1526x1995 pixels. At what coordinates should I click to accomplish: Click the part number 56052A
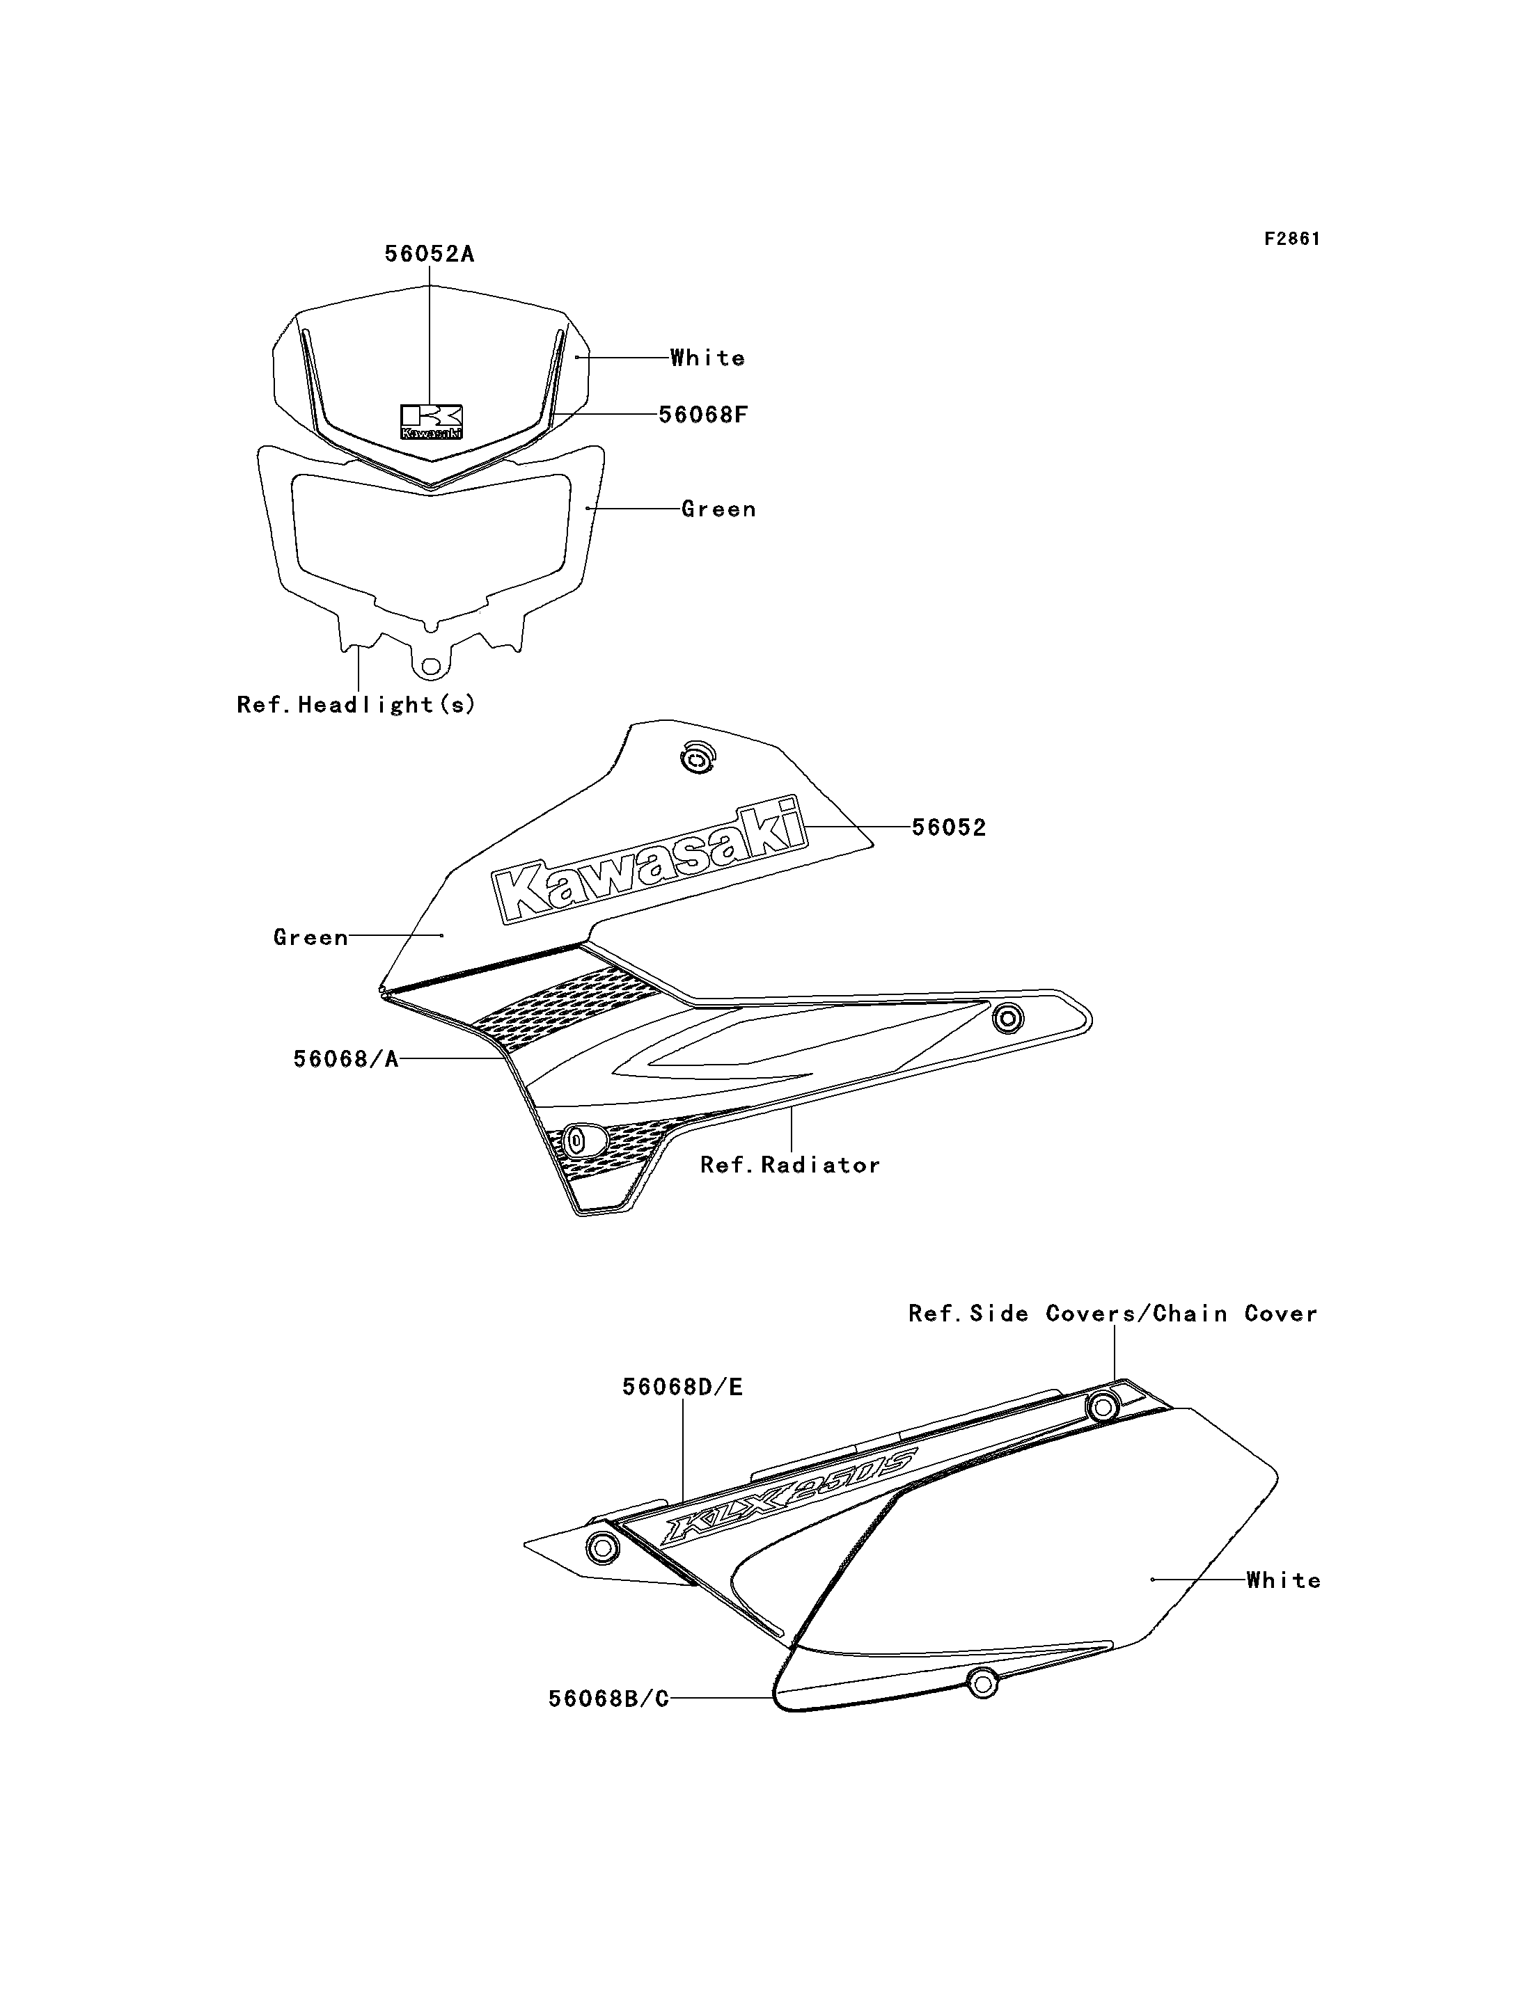tap(430, 254)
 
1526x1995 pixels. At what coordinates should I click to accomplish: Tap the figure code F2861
tap(1291, 239)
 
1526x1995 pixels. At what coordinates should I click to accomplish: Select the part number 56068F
tap(703, 415)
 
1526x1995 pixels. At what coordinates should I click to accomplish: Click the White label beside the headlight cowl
tap(707, 358)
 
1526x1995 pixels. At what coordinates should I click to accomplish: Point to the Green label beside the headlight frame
tap(718, 509)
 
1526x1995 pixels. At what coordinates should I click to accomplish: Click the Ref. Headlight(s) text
tap(356, 705)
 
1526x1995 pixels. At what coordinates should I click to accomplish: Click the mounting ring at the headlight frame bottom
tap(430, 667)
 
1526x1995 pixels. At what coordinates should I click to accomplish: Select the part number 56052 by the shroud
tap(948, 827)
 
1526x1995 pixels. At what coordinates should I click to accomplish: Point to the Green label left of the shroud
tap(310, 937)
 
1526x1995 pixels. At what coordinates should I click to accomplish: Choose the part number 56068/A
tap(346, 1059)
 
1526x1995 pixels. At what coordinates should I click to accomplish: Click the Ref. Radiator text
tap(790, 1165)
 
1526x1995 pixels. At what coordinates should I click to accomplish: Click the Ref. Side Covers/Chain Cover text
tap(1112, 1314)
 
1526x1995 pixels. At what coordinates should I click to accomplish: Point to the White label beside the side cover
tap(1284, 1580)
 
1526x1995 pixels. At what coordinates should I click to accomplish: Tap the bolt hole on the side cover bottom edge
tap(981, 1683)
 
